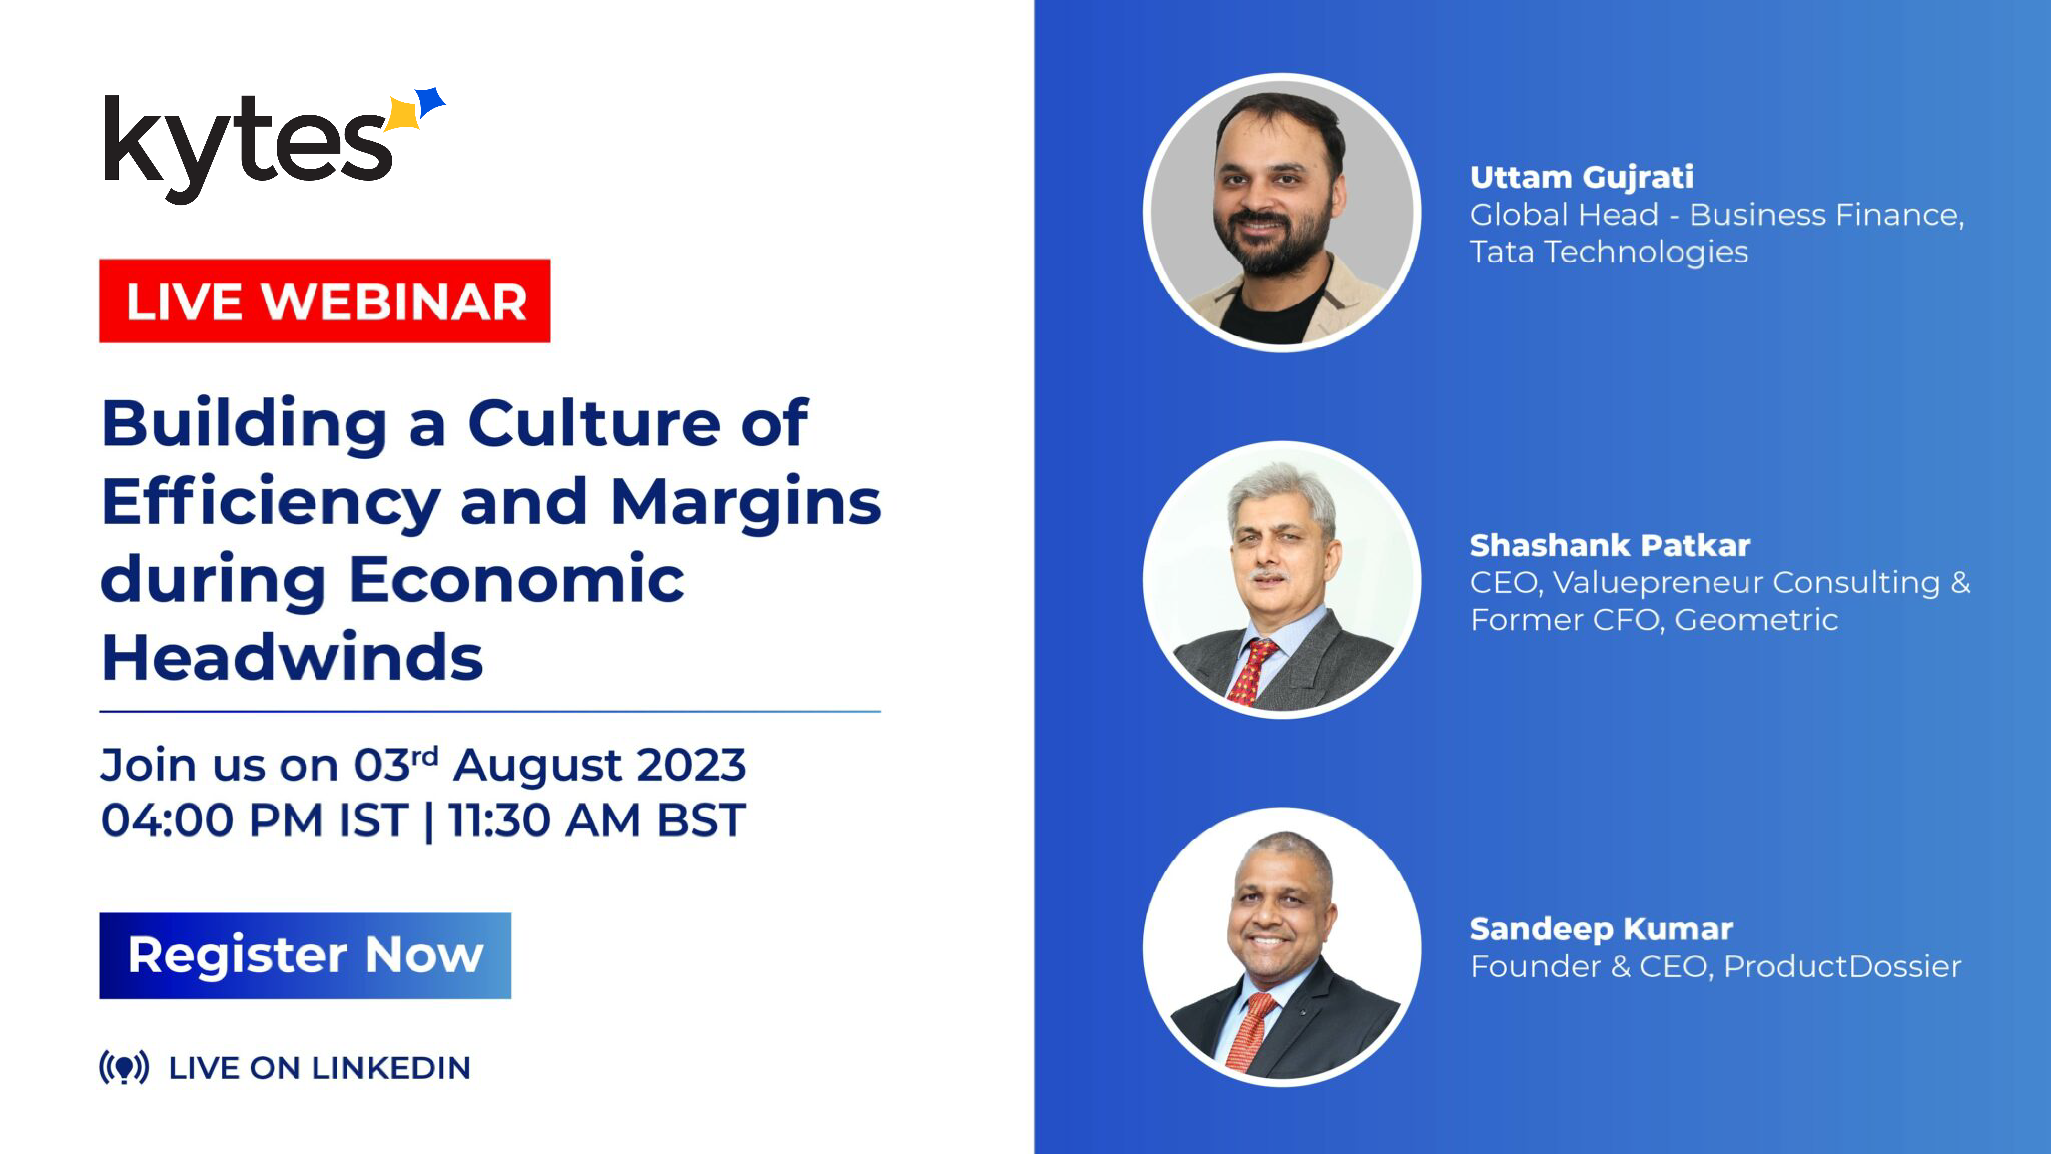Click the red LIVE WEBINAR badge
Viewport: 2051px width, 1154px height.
click(x=325, y=301)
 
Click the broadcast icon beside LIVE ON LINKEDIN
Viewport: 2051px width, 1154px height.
click(x=124, y=1067)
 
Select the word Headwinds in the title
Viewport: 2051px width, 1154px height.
click(x=292, y=658)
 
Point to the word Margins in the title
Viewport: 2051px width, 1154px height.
click(x=746, y=503)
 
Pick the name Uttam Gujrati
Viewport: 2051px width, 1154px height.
click(x=1581, y=177)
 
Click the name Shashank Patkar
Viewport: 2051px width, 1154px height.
click(x=1609, y=545)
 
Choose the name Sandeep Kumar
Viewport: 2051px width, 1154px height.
click(x=1600, y=929)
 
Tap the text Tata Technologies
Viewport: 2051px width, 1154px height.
click(x=1608, y=252)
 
